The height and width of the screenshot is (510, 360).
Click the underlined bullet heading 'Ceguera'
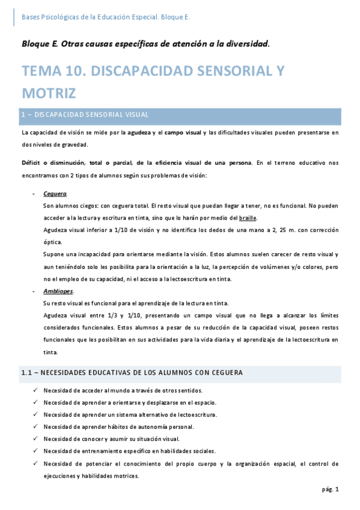(x=55, y=194)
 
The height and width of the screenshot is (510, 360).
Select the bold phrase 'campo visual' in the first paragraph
(x=183, y=132)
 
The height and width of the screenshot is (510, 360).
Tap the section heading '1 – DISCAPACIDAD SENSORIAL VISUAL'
(x=84, y=114)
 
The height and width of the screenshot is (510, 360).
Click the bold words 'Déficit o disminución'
(x=50, y=163)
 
